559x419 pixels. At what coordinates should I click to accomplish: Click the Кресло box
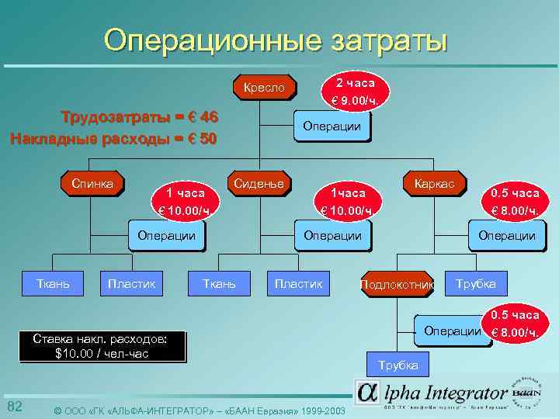264,88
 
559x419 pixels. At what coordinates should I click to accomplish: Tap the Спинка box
92,184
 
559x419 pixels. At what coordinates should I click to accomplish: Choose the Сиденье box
259,184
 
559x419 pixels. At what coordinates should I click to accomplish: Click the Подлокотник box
397,285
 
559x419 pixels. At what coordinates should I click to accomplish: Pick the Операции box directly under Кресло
332,126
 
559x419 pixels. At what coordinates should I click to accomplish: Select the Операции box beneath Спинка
166,235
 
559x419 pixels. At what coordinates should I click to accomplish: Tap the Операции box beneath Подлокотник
452,331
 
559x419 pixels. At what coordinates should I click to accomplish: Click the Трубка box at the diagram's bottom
398,365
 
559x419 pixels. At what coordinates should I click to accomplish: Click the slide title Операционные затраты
276,39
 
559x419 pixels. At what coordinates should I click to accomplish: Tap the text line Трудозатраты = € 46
140,118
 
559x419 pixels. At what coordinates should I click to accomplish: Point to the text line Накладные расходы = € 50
113,139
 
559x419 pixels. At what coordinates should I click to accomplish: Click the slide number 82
15,407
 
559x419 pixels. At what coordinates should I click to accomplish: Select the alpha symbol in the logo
368,393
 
